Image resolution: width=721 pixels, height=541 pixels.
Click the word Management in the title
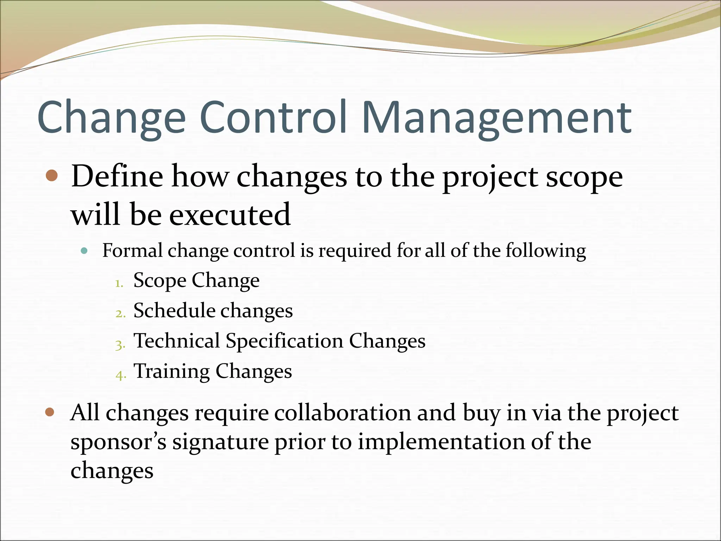[496, 118]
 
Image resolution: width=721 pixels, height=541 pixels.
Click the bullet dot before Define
[52, 175]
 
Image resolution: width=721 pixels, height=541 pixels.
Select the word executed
[230, 214]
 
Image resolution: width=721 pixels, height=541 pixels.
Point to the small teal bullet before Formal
[84, 251]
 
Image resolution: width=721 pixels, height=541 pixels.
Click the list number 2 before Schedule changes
[120, 313]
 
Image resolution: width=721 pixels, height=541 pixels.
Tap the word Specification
[284, 341]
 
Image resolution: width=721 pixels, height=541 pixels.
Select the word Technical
[177, 341]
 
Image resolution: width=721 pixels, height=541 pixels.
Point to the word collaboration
[342, 413]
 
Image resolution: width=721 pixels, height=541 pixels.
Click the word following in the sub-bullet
[546, 251]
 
